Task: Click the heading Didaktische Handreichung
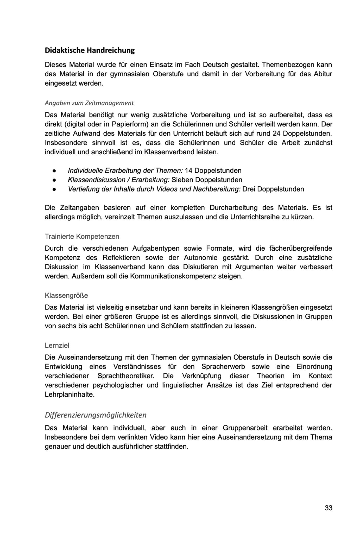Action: pos(90,50)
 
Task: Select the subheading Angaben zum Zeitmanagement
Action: pos(89,103)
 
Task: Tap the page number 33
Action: pos(329,508)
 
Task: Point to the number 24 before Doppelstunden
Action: pos(276,134)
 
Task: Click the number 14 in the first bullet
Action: pos(188,171)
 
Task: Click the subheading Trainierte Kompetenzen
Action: pos(82,237)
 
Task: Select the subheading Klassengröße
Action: pos(66,296)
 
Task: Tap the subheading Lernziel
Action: pos(57,346)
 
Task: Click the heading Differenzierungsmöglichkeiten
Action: pos(96,415)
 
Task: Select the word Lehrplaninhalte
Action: pos(69,395)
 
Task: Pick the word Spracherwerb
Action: pos(223,367)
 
